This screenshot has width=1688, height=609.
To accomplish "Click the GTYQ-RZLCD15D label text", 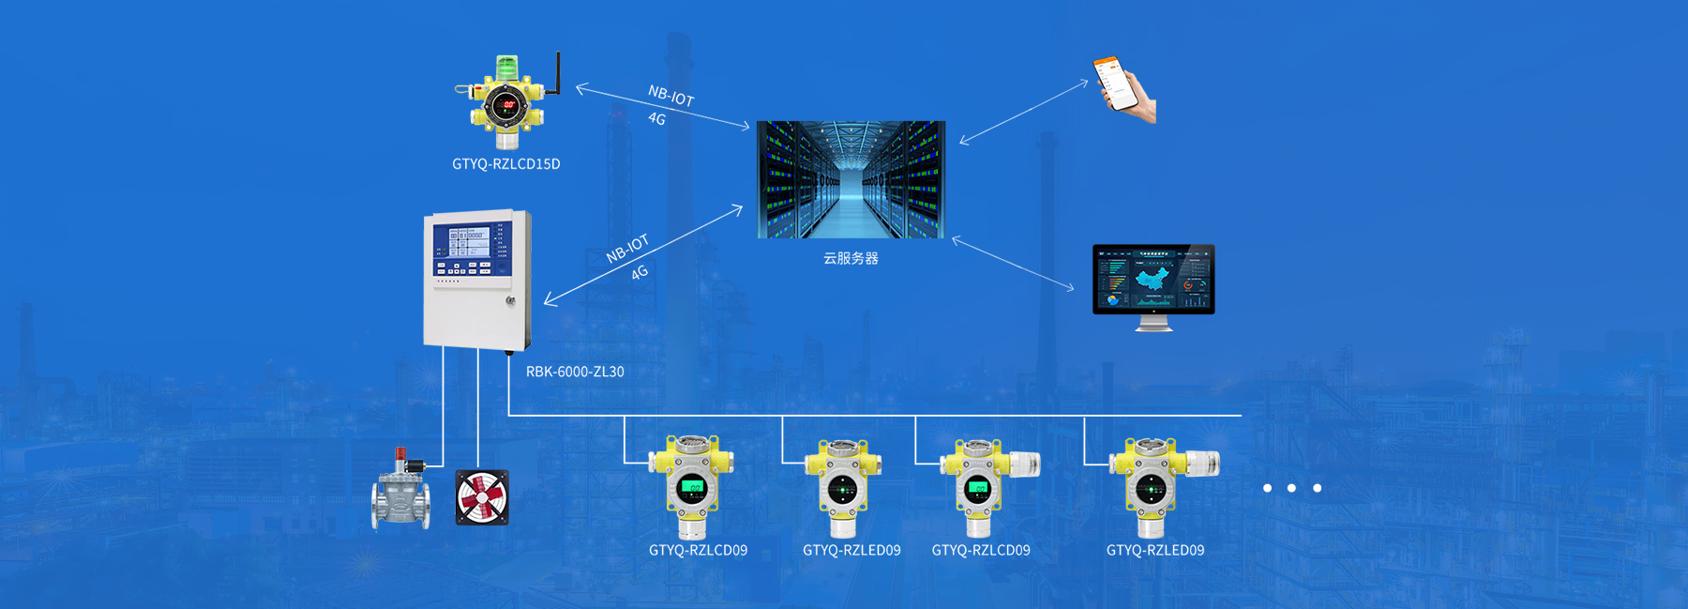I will point(505,164).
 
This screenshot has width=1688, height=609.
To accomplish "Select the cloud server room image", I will point(851,179).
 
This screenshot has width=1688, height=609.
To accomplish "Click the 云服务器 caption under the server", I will point(851,258).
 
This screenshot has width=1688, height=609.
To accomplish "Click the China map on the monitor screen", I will point(1154,278).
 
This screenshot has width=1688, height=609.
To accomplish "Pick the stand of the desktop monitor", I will point(1153,323).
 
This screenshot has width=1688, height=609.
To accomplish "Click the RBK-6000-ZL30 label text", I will point(575,372).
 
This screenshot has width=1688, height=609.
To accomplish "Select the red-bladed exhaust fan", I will point(482,497).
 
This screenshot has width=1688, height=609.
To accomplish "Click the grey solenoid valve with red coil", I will point(401,493).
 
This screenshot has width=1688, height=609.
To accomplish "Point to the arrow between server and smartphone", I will point(1024,112).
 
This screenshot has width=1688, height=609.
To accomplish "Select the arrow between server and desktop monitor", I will point(1013,264).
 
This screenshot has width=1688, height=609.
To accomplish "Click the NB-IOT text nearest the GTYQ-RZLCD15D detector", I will point(671,96).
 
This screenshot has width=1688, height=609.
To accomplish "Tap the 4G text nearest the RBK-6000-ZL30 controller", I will point(640,273).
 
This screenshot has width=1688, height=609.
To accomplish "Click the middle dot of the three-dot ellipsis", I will point(1291,488).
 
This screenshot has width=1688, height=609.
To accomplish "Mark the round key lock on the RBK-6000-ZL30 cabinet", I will point(510,301).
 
